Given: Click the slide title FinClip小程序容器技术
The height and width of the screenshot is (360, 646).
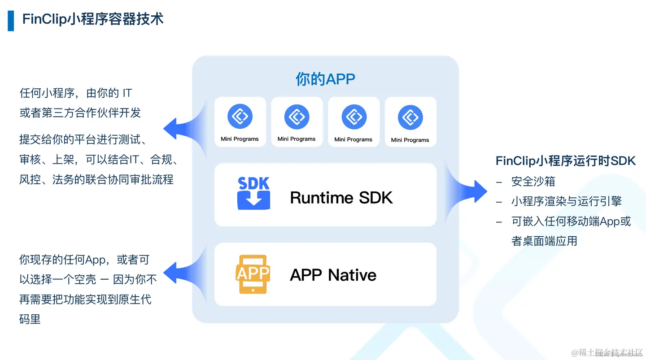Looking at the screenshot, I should pyautogui.click(x=93, y=19).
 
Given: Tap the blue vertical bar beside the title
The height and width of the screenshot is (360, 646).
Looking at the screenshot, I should pyautogui.click(x=11, y=20).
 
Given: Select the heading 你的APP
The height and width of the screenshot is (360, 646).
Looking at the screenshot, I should pyautogui.click(x=325, y=79).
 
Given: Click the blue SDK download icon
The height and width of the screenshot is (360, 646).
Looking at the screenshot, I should pyautogui.click(x=253, y=194).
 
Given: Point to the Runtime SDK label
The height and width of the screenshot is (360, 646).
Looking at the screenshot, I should pyautogui.click(x=341, y=197).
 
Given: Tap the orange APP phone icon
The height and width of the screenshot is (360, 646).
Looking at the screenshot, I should pyautogui.click(x=253, y=274).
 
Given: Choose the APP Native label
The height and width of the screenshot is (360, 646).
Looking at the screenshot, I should pyautogui.click(x=333, y=275).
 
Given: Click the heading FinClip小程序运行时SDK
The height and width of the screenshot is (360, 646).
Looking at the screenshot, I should pyautogui.click(x=566, y=161).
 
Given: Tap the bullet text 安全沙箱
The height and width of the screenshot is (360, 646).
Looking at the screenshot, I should pyautogui.click(x=533, y=182).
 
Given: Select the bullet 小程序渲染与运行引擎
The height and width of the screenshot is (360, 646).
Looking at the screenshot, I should pyautogui.click(x=566, y=201).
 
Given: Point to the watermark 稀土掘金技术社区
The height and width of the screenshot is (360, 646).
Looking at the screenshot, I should pyautogui.click(x=607, y=352).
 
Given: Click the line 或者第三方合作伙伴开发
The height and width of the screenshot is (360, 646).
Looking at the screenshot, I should pyautogui.click(x=80, y=113).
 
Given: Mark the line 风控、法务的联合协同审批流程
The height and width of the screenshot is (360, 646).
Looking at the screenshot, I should pyautogui.click(x=96, y=180).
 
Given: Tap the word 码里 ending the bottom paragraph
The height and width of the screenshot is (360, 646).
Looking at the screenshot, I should pyautogui.click(x=30, y=319).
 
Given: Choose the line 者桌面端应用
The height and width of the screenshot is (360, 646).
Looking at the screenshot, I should pyautogui.click(x=544, y=241).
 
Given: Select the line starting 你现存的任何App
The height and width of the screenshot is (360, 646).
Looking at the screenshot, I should pyautogui.click(x=84, y=260).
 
